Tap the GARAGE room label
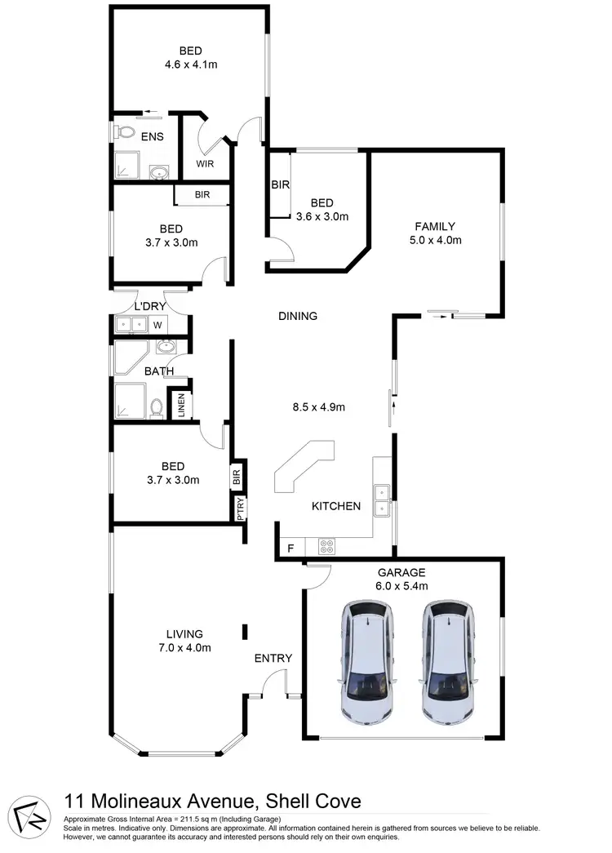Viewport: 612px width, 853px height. (401, 572)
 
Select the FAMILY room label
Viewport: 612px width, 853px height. (434, 226)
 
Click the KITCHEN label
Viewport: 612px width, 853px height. (336, 506)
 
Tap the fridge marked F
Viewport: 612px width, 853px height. (289, 549)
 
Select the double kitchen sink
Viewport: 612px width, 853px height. (381, 501)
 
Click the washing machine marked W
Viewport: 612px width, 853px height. (157, 325)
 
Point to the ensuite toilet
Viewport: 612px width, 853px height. (125, 131)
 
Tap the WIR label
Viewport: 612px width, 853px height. (204, 162)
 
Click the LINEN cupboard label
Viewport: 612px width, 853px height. (180, 406)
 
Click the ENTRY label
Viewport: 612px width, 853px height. (273, 658)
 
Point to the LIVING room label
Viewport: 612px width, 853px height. (184, 633)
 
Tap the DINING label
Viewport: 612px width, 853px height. (297, 316)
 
